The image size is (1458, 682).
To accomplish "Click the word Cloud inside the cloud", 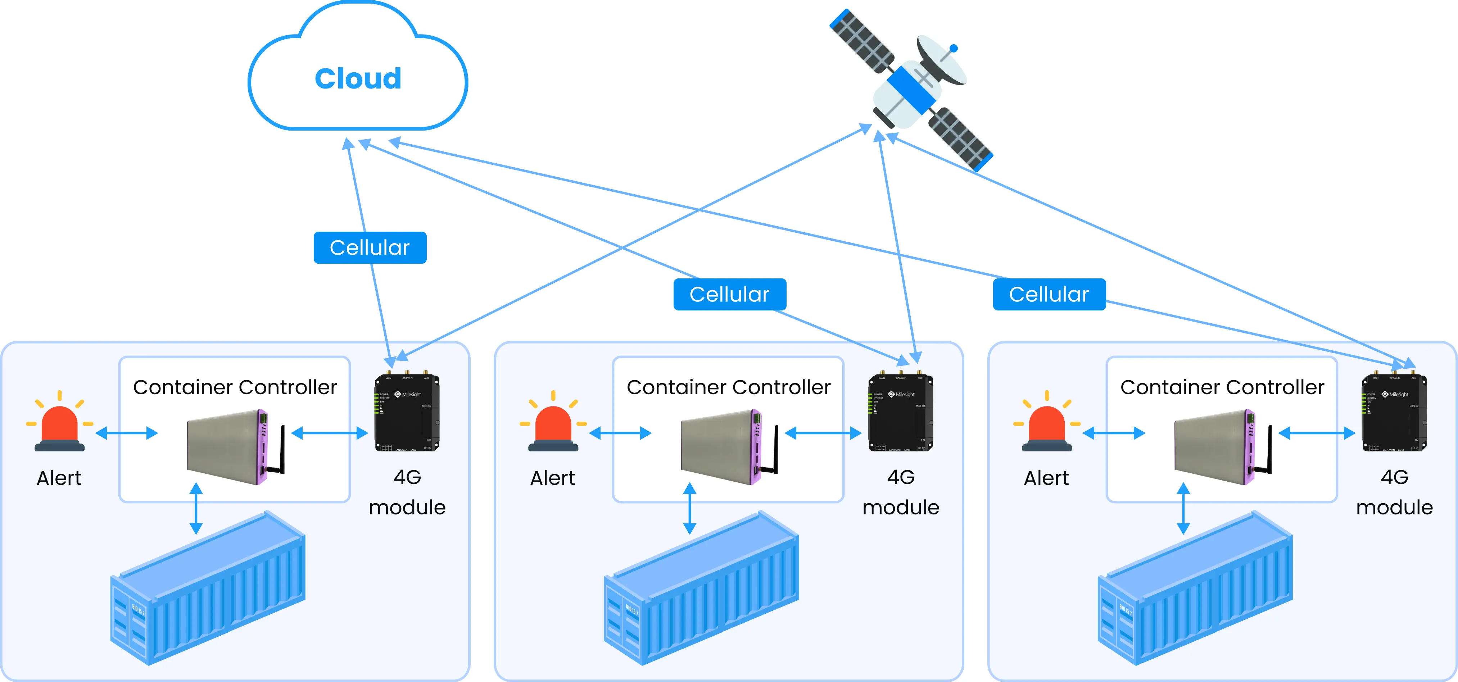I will (x=358, y=79).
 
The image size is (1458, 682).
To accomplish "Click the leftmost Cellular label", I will (x=370, y=247).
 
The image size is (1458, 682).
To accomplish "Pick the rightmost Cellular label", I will (x=1049, y=294).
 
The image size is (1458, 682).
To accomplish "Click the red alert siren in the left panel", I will (x=59, y=426).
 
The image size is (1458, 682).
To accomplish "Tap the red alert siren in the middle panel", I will (x=553, y=426).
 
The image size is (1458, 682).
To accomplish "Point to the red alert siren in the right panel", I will (x=1046, y=426).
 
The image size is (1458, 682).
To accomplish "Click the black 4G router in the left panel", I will (x=407, y=413).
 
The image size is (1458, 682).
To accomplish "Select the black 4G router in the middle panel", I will (x=901, y=413).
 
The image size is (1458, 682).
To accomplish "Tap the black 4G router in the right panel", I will (x=1394, y=413).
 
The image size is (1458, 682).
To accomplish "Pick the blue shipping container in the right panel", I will (x=1195, y=588).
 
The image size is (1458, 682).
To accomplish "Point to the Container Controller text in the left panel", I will (x=235, y=387).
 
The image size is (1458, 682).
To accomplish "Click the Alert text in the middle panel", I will (x=552, y=478).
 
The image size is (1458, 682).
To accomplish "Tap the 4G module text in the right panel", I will (x=1394, y=492).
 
